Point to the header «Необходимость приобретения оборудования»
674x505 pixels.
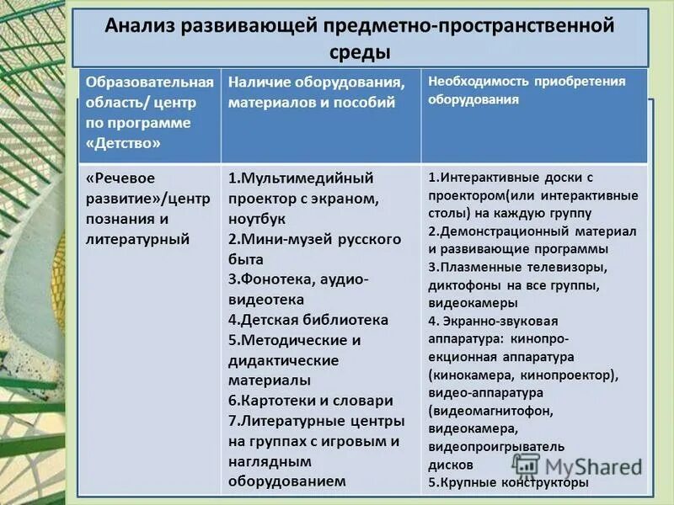pos(527,90)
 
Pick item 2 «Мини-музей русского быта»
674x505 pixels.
pos(314,249)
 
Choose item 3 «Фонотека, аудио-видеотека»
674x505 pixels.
pos(298,289)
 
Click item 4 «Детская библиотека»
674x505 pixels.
pos(308,320)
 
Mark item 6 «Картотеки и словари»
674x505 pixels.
pos(311,401)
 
